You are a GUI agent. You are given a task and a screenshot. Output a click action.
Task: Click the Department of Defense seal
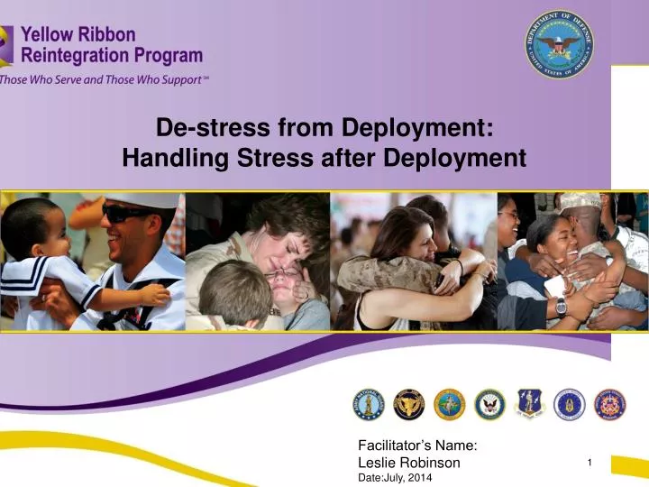coord(559,44)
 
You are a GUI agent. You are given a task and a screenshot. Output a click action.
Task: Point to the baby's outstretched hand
coord(159,295)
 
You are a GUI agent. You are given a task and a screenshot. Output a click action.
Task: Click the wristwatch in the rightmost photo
coord(561,306)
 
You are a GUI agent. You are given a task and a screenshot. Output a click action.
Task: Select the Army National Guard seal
coord(367,405)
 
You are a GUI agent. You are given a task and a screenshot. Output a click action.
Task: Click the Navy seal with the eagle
coord(489,405)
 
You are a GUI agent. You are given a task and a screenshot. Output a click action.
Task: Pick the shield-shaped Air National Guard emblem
coord(529,405)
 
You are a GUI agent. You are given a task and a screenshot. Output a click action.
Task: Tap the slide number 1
coord(589,463)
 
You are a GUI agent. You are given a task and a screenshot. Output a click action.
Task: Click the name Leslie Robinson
coord(408,463)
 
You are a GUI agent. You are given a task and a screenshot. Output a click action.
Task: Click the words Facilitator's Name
coord(417,445)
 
